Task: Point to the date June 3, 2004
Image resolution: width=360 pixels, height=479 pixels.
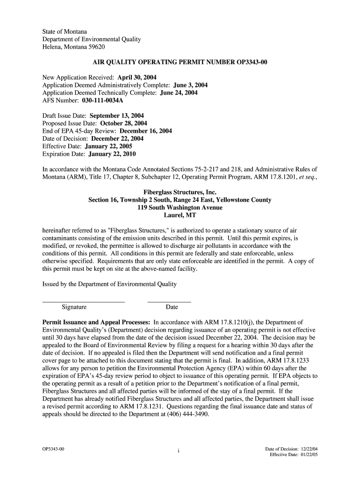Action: coord(190,85)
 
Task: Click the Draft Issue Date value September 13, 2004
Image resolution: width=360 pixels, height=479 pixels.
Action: coord(117,116)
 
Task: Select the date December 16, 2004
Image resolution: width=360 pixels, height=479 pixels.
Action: coord(146,131)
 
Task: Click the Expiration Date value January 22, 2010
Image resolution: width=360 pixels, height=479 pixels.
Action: coord(112,154)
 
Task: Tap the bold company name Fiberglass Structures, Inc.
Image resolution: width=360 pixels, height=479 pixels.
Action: coord(180,192)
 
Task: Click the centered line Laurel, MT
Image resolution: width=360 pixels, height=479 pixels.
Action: coord(180,216)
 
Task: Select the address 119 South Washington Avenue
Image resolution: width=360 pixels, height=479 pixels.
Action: coord(180,208)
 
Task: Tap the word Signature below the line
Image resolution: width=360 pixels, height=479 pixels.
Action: coord(74,307)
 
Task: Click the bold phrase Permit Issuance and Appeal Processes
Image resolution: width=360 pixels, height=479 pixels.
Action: coord(96,322)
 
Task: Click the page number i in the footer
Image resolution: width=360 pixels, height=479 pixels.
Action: coord(179,451)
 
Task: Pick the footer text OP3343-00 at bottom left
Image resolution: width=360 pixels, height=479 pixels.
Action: coord(53,450)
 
